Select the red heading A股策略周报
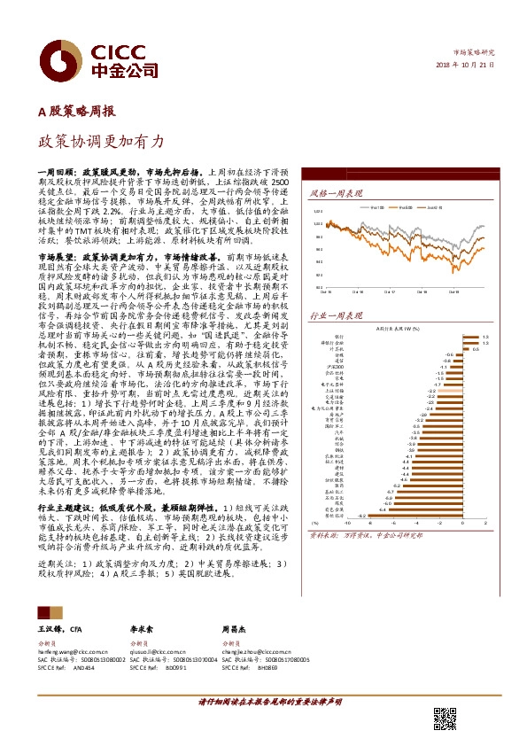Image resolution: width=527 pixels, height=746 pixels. click(75, 113)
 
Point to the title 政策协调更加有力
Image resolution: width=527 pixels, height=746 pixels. click(101, 141)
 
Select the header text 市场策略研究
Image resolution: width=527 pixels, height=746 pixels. click(473, 54)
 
